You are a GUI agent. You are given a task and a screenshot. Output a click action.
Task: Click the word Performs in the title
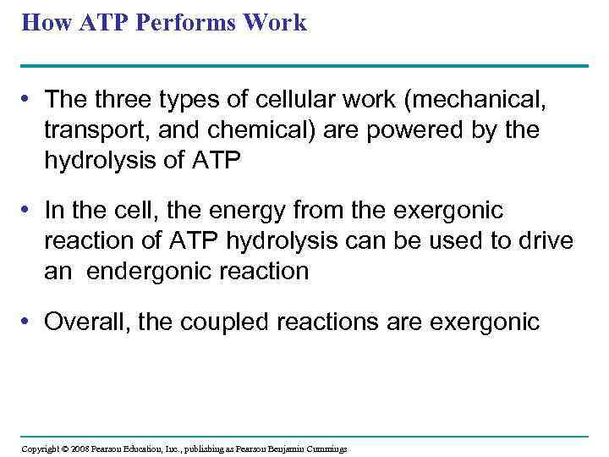tap(189, 22)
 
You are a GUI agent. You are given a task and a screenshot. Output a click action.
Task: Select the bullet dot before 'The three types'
tap(29, 99)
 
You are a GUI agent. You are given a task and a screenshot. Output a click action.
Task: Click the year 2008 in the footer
tap(80, 449)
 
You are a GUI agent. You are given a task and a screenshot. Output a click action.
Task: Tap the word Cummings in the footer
tap(326, 449)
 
